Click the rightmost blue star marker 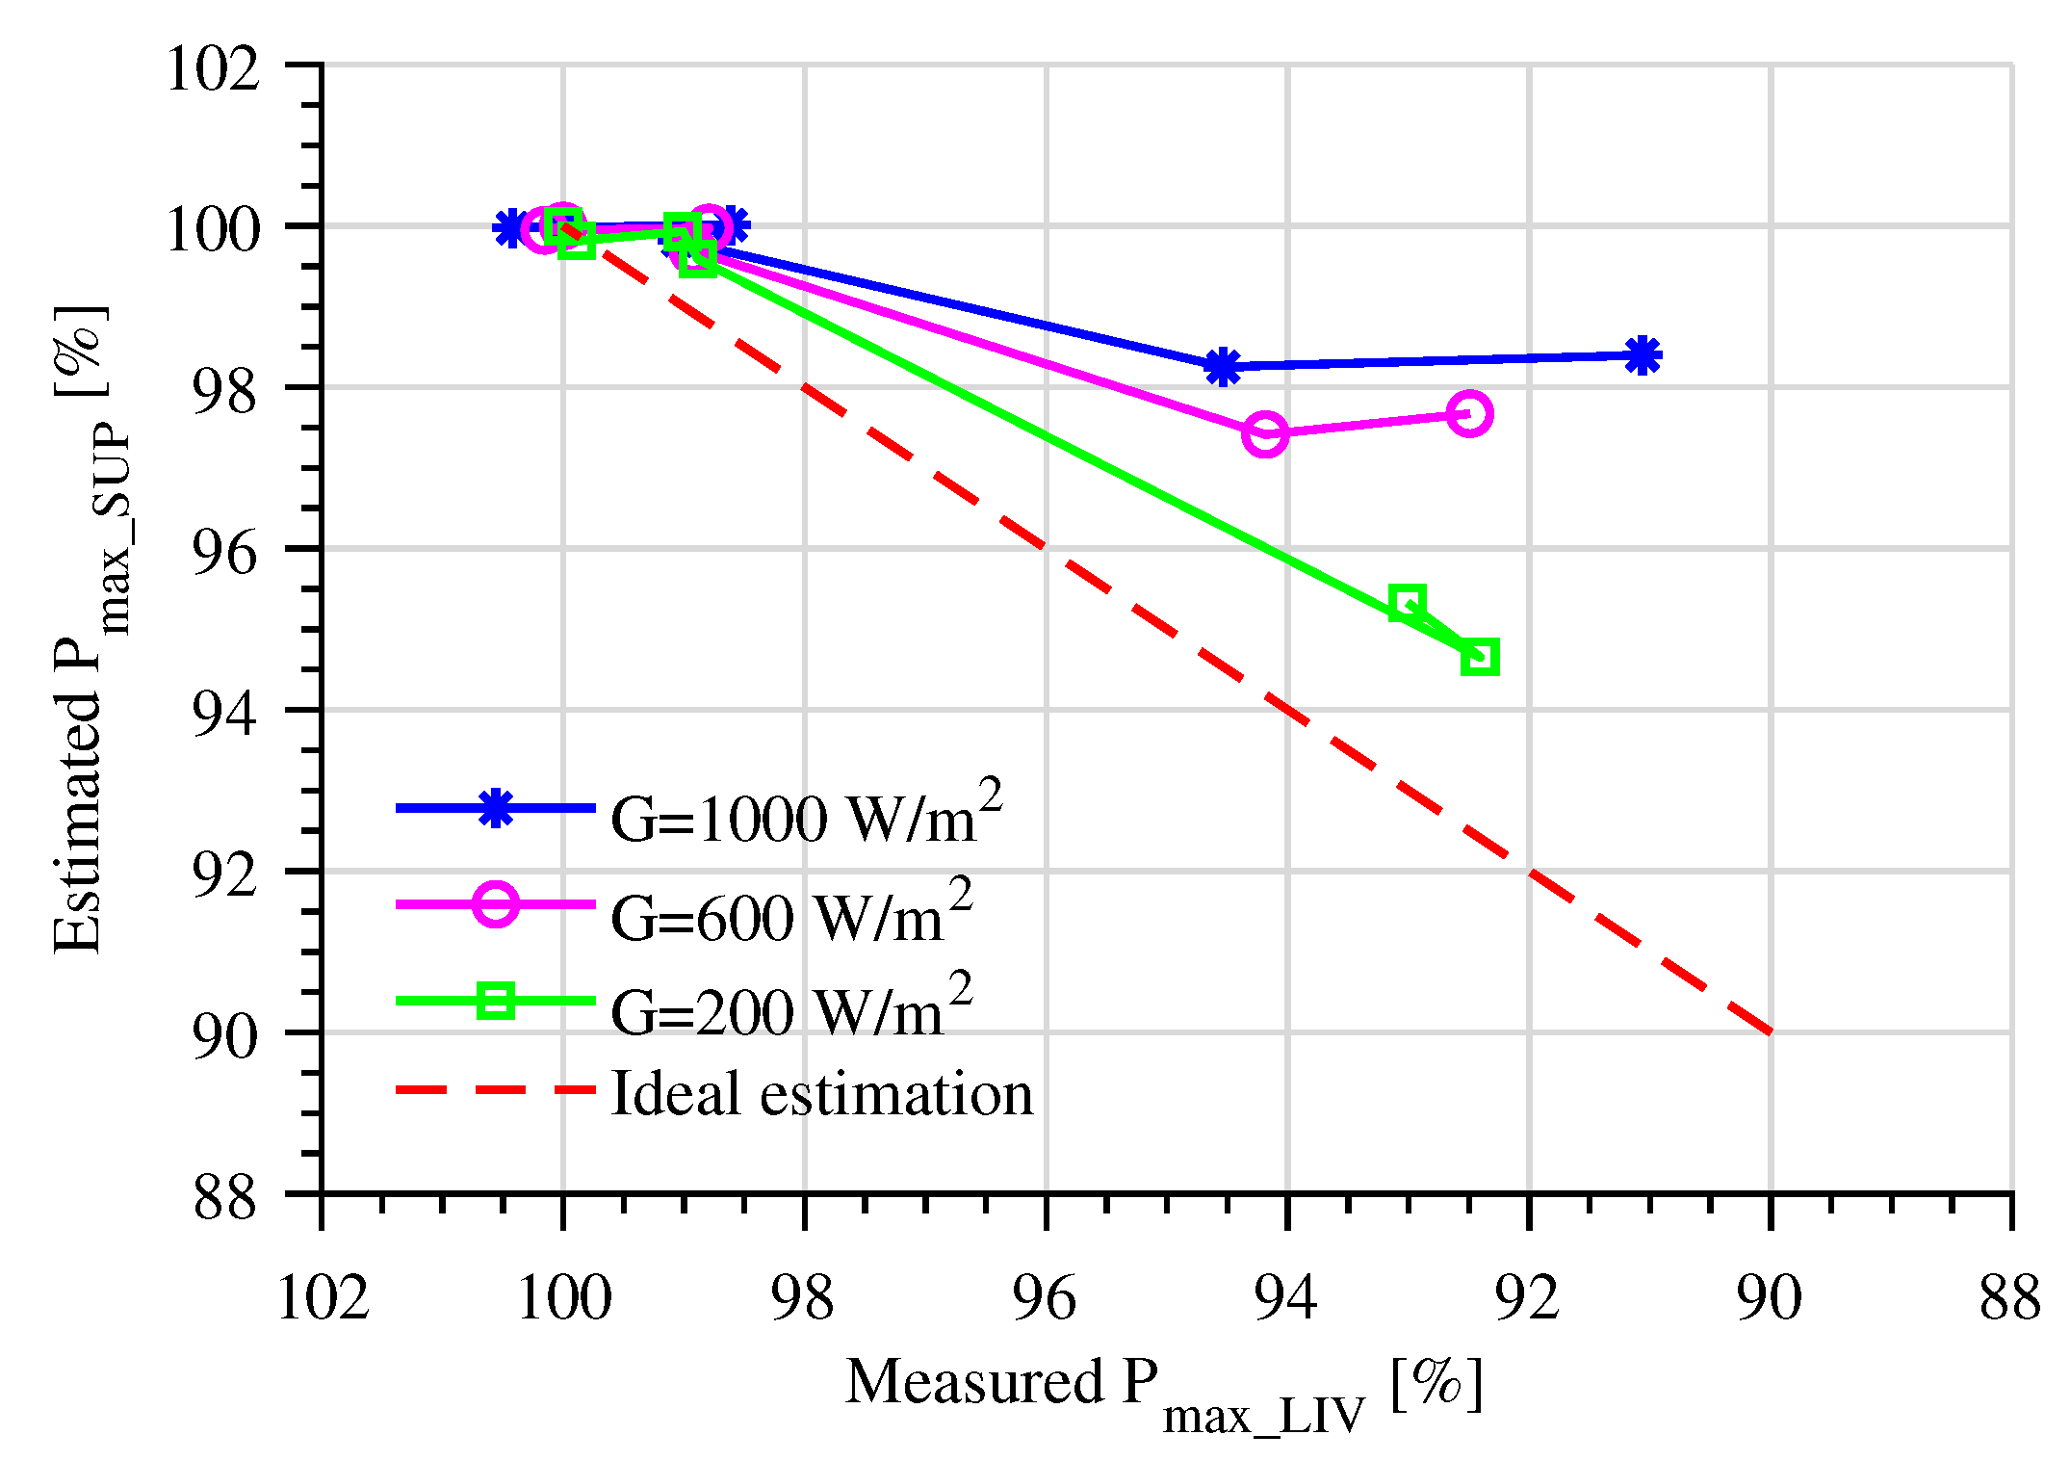pos(1643,355)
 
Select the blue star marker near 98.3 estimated pos(1222,367)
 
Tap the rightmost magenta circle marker pos(1469,414)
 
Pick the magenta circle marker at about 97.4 pos(1265,434)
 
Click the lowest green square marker pos(1480,658)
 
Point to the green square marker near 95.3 pos(1407,604)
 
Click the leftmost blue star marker pos(511,228)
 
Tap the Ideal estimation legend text pos(821,1094)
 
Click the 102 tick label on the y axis pos(213,69)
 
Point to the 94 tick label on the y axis pos(224,714)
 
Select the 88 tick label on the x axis pos(2009,1297)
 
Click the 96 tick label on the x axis pos(1045,1297)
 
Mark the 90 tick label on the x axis pos(1770,1297)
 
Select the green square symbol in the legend pos(496,1001)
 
